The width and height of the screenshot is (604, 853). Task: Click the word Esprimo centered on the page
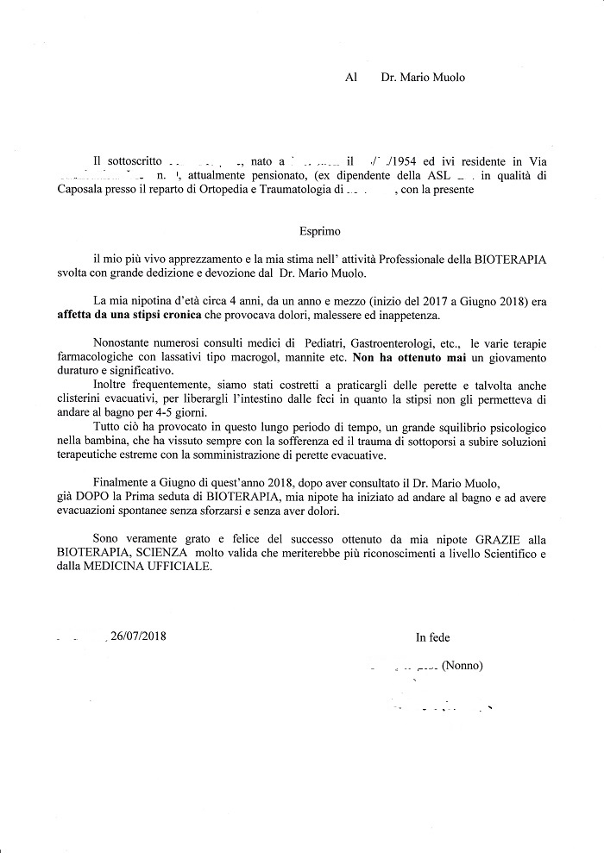click(x=320, y=232)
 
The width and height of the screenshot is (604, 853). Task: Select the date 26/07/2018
click(x=138, y=637)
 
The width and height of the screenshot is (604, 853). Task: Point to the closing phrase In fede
click(x=432, y=637)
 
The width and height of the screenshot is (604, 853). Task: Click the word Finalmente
click(x=123, y=486)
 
